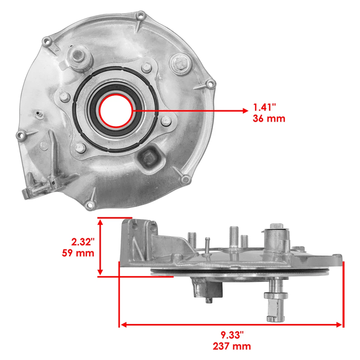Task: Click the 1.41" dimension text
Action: (x=264, y=108)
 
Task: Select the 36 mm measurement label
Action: (x=269, y=119)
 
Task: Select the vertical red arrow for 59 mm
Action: (x=100, y=247)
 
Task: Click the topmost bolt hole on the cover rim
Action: (x=141, y=16)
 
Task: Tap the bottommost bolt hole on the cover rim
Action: (x=89, y=205)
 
